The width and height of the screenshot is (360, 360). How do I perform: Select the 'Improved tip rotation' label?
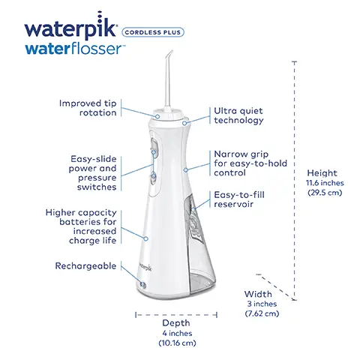click(x=88, y=107)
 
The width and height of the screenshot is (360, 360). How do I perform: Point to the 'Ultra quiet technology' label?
click(x=240, y=115)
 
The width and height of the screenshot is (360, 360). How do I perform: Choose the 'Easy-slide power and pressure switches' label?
click(x=94, y=174)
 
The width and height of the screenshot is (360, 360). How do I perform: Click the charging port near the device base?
click(x=142, y=284)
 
